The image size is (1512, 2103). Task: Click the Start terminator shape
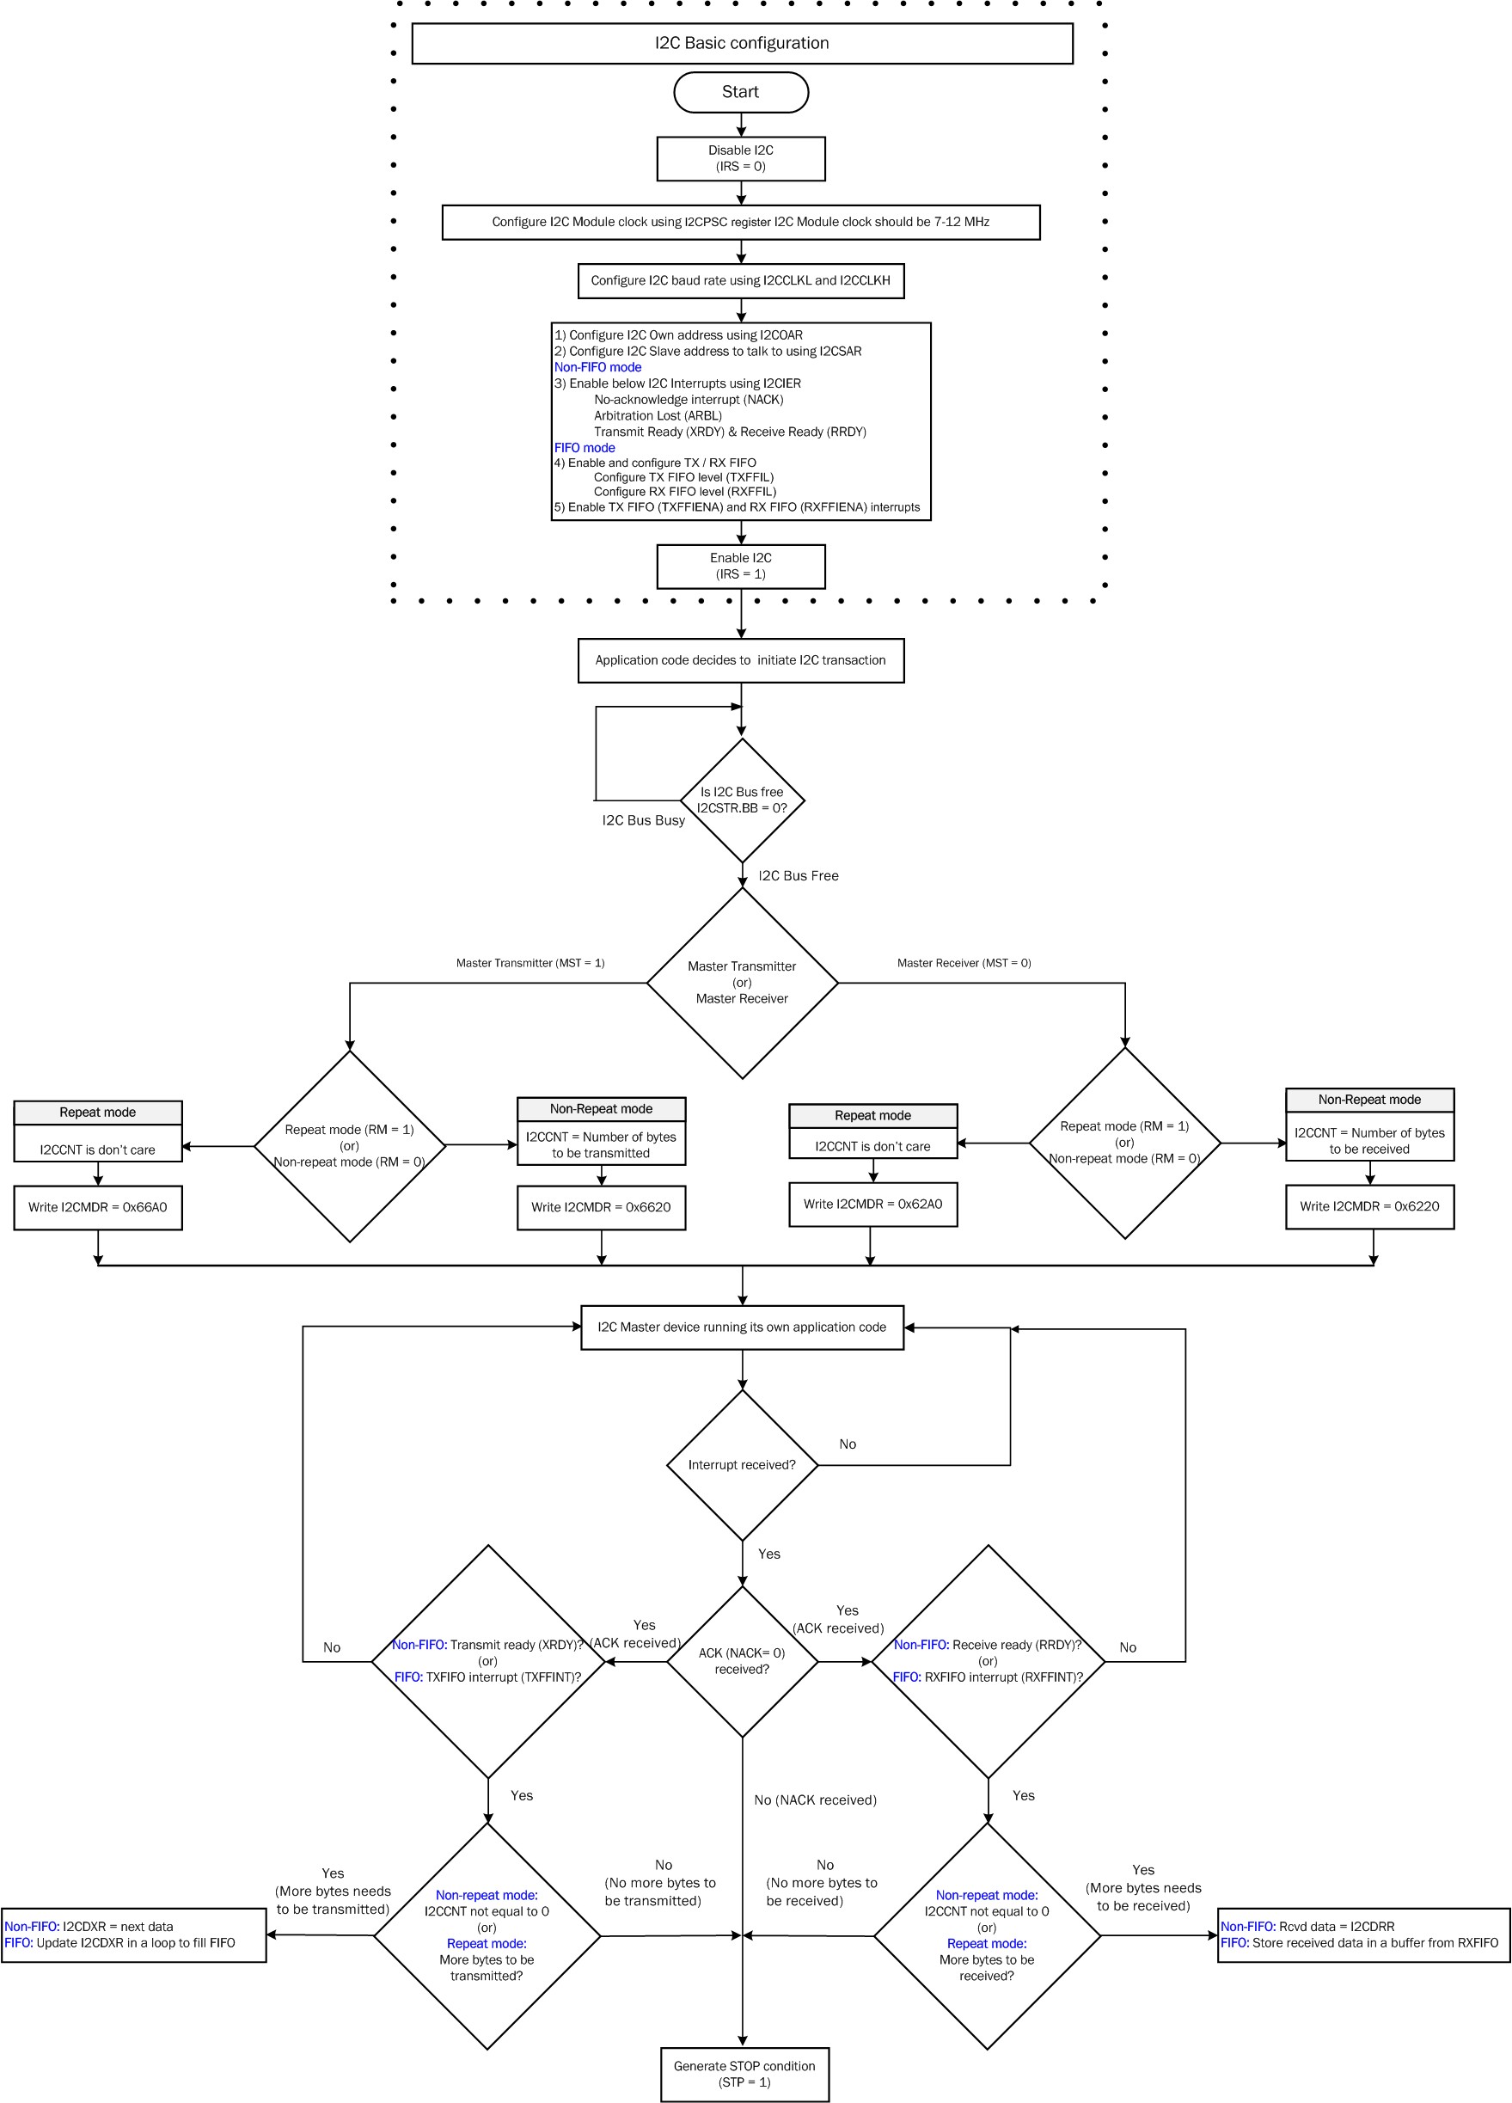pyautogui.click(x=741, y=92)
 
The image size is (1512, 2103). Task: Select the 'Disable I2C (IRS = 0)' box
pyautogui.click(x=741, y=158)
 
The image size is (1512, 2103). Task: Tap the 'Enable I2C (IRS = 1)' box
pyautogui.click(x=741, y=566)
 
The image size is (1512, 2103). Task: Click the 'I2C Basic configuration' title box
pyautogui.click(x=742, y=43)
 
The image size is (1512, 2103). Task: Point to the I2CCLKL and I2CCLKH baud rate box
pyautogui.click(x=741, y=280)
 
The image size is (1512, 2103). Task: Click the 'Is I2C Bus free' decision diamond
pyautogui.click(x=742, y=800)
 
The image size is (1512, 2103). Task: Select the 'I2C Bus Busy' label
pyautogui.click(x=643, y=820)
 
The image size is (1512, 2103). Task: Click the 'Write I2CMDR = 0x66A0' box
pyautogui.click(x=97, y=1207)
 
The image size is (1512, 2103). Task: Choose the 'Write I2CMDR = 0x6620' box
pyautogui.click(x=601, y=1207)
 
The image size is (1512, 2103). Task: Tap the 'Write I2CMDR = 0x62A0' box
pyautogui.click(x=872, y=1205)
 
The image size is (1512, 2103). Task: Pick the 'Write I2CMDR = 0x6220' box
pyautogui.click(x=1369, y=1206)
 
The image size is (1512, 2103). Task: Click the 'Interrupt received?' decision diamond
pyautogui.click(x=742, y=1465)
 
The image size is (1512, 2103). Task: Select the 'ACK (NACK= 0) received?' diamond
pyautogui.click(x=742, y=1661)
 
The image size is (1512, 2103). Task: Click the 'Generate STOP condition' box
pyautogui.click(x=744, y=2075)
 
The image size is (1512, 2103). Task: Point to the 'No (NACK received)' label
pyautogui.click(x=815, y=1800)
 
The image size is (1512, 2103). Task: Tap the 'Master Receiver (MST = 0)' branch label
pyautogui.click(x=964, y=964)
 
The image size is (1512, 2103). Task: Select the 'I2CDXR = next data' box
pyautogui.click(x=133, y=1935)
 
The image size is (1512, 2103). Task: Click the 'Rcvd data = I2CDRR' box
pyautogui.click(x=1362, y=1935)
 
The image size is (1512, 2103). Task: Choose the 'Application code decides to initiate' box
pyautogui.click(x=741, y=660)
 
